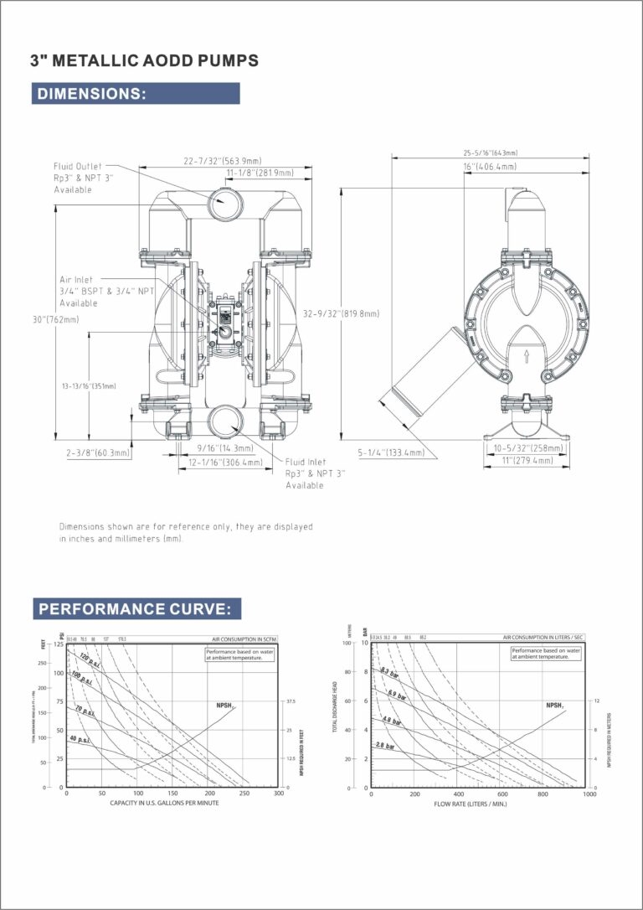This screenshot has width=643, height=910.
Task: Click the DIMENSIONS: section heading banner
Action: coord(136,93)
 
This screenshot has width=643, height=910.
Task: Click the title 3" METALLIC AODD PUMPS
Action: coord(144,60)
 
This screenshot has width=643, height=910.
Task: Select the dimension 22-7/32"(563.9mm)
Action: coord(223,161)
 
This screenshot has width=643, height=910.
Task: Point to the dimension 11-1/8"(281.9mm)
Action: coord(260,173)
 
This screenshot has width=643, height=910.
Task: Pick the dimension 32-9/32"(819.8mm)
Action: coord(342,313)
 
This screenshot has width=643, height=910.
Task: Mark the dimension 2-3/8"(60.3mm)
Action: coord(99,452)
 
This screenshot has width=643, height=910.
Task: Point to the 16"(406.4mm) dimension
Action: coord(491,167)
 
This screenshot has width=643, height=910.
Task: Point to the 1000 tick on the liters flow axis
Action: coord(589,794)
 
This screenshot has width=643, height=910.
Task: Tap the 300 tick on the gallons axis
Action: coord(279,794)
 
